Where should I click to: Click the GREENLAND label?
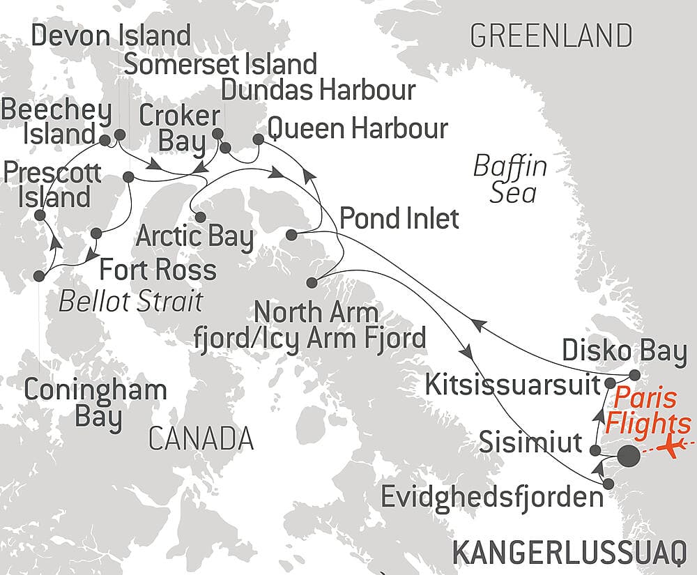pos(551,35)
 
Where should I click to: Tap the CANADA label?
pos(200,439)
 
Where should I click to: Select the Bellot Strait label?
pos(130,301)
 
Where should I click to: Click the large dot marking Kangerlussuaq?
pos(627,457)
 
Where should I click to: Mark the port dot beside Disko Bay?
pos(634,374)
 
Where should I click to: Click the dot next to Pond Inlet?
pos(293,234)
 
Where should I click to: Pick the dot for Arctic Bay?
pos(200,217)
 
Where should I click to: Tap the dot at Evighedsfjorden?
pos(608,484)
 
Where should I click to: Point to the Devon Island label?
pos(111,36)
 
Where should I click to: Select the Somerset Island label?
pos(220,64)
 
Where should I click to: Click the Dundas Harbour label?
pos(317,90)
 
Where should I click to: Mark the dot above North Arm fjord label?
pos(312,282)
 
